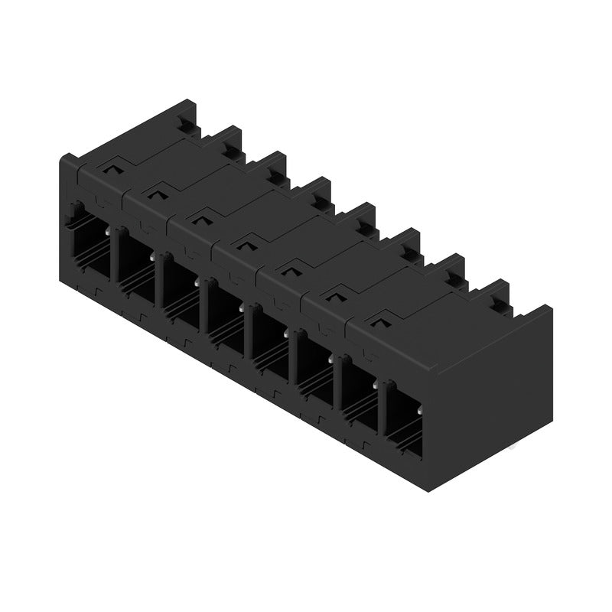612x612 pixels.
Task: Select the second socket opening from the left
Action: coord(135,269)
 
